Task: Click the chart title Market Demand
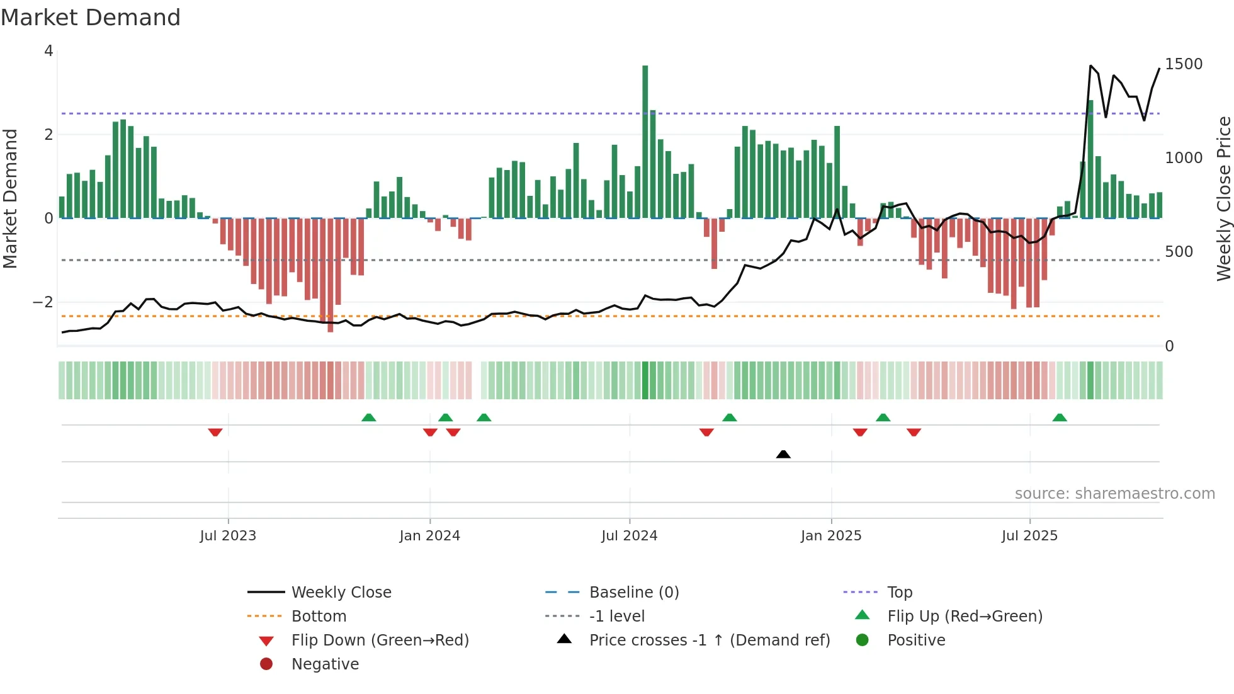pyautogui.click(x=91, y=18)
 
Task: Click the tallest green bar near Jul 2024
pyautogui.click(x=645, y=142)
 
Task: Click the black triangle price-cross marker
pyautogui.click(x=783, y=454)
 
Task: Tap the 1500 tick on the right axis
pyautogui.click(x=1183, y=64)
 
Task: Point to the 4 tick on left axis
pyautogui.click(x=48, y=51)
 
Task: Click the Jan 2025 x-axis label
pyautogui.click(x=830, y=536)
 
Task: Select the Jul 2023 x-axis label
pyautogui.click(x=228, y=536)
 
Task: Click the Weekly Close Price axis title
pyautogui.click(x=1223, y=198)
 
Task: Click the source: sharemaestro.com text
pyautogui.click(x=1114, y=494)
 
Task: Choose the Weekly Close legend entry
pyautogui.click(x=341, y=593)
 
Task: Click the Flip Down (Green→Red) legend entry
pyautogui.click(x=380, y=640)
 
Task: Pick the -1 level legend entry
pyautogui.click(x=616, y=617)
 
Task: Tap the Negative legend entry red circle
pyautogui.click(x=266, y=664)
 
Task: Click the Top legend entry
pyautogui.click(x=899, y=593)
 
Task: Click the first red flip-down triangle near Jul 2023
pyautogui.click(x=215, y=433)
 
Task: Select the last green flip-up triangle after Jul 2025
pyautogui.click(x=1060, y=418)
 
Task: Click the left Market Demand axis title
pyautogui.click(x=10, y=198)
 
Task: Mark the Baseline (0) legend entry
pyautogui.click(x=633, y=593)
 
